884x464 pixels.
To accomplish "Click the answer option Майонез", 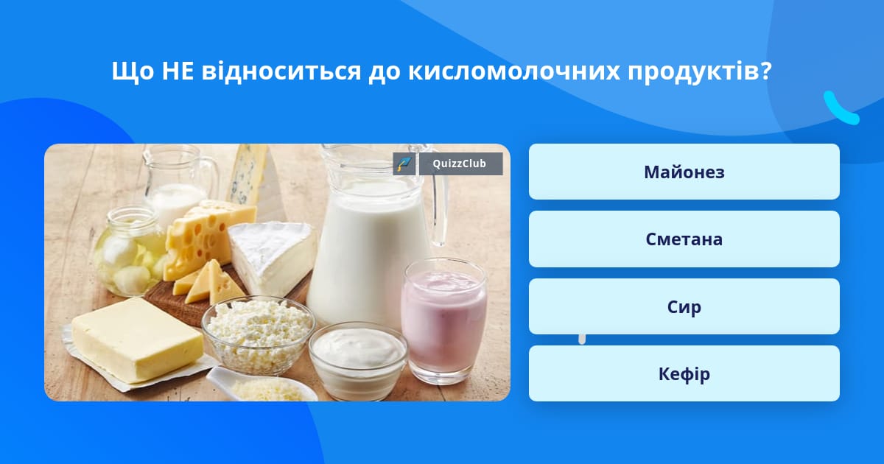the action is (x=684, y=172).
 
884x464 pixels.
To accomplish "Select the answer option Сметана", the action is (x=684, y=239).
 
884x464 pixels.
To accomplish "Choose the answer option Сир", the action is (x=684, y=306).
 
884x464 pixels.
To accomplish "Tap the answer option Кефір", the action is (x=684, y=373).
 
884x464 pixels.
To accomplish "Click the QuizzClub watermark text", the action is (x=459, y=164).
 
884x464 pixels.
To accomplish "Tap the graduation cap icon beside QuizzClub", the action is (x=404, y=164).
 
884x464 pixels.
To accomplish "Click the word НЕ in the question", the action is (x=178, y=71).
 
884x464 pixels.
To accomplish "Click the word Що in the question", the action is (x=133, y=72).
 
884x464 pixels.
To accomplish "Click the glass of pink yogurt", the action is (x=445, y=321).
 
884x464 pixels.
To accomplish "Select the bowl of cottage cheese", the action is (x=259, y=334).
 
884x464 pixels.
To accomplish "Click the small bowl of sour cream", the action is (x=358, y=359).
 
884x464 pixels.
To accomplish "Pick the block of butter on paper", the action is (x=137, y=340).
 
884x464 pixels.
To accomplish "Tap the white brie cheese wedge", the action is (x=273, y=257).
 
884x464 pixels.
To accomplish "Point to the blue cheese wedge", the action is (x=248, y=175).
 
